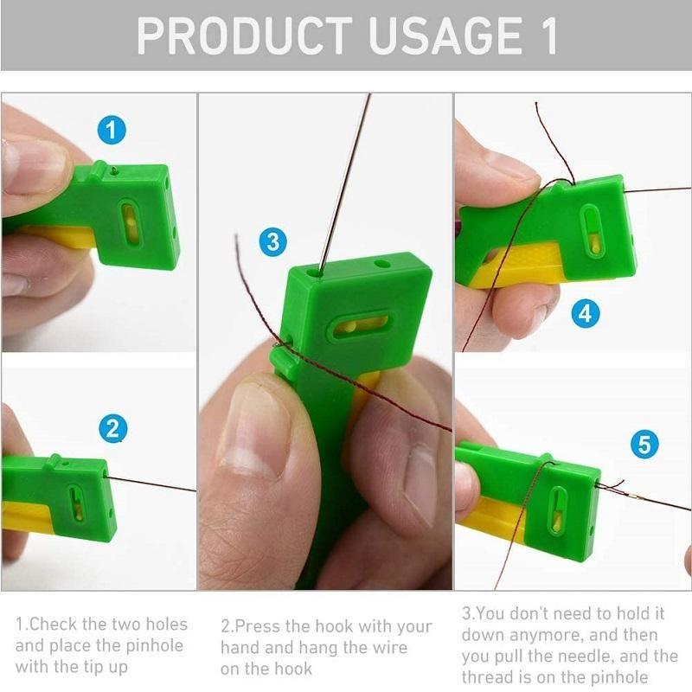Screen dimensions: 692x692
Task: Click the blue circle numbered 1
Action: pyautogui.click(x=112, y=131)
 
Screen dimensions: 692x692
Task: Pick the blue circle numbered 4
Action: pyautogui.click(x=586, y=313)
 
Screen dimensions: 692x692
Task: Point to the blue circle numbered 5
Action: pyautogui.click(x=644, y=445)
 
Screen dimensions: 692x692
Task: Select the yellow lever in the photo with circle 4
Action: pyautogui.click(x=519, y=263)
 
